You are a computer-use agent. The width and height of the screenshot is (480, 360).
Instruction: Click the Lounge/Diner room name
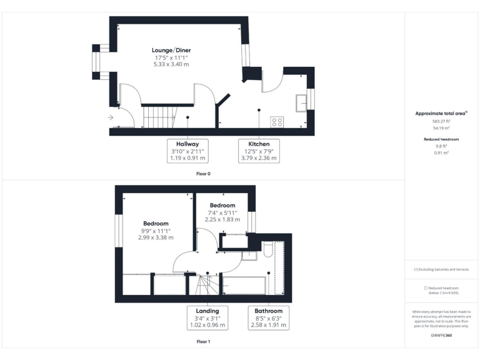pyautogui.click(x=171, y=50)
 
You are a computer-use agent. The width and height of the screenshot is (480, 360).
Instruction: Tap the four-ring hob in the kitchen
pyautogui.click(x=277, y=121)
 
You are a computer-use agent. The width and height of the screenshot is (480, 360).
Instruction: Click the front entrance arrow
pyautogui.click(x=111, y=117)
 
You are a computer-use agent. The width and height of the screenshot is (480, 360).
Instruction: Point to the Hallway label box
pyautogui.click(x=187, y=151)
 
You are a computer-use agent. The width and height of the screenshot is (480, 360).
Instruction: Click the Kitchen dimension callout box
pyautogui.click(x=259, y=151)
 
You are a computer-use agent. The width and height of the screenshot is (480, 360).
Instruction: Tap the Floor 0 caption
pyautogui.click(x=203, y=173)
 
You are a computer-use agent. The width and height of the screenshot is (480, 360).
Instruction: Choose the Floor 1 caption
pyautogui.click(x=203, y=342)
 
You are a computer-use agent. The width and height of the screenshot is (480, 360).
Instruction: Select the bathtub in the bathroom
pyautogui.click(x=244, y=285)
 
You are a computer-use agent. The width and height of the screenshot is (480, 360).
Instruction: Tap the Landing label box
pyautogui.click(x=207, y=318)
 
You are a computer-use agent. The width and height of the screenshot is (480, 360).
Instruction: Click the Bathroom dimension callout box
pyautogui.click(x=268, y=318)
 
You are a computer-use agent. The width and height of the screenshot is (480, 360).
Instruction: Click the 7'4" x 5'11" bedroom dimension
pyautogui.click(x=222, y=212)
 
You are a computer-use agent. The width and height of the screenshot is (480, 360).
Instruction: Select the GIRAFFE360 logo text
pyautogui.click(x=442, y=336)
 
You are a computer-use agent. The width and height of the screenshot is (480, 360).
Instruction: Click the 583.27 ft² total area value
pyautogui.click(x=442, y=122)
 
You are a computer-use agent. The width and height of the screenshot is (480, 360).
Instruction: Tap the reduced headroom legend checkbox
pyautogui.click(x=426, y=288)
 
